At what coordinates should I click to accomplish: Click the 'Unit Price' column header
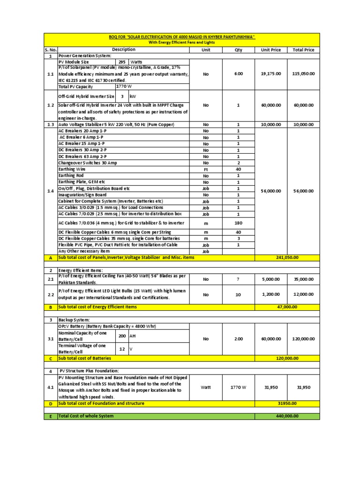271,50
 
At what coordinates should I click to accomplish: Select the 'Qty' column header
238,50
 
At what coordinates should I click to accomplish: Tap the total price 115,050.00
303,74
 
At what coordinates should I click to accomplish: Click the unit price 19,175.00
271,74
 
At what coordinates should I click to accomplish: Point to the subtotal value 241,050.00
287,257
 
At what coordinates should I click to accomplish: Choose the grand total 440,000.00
287,416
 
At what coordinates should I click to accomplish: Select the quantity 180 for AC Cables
238,223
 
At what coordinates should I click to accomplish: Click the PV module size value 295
122,61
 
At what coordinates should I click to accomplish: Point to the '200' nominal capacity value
122,336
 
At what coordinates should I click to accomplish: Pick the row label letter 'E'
50,416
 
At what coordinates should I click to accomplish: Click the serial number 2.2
50,294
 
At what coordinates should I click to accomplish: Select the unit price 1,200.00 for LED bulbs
271,294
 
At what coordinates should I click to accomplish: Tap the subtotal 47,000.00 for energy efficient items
287,307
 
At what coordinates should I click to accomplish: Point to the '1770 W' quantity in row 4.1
238,387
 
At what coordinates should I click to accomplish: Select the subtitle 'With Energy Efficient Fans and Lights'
181,42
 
